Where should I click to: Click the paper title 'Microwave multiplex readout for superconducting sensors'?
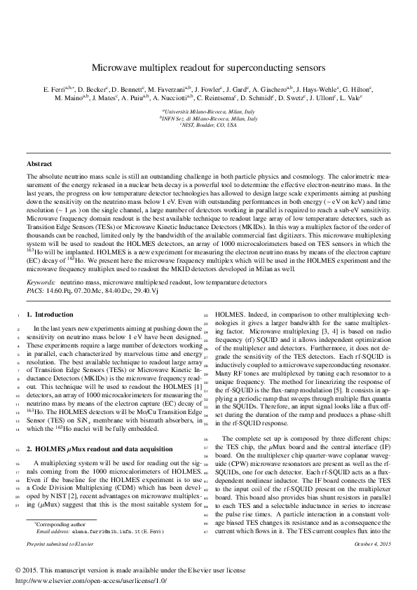coord(208,69)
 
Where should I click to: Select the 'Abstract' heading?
coord(39,164)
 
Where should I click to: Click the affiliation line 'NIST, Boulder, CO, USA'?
coord(209,125)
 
